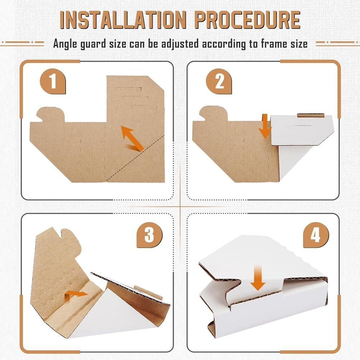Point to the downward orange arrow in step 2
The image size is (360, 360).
[x=265, y=126]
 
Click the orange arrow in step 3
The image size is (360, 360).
[x=76, y=295]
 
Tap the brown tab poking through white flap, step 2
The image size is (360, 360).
[x=310, y=115]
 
